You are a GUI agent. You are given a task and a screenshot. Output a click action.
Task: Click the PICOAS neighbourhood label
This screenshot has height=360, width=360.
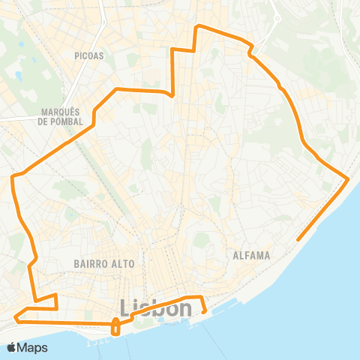pyautogui.click(x=89, y=55)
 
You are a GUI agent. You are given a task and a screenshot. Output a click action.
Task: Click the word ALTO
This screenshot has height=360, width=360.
pyautogui.click(x=121, y=264)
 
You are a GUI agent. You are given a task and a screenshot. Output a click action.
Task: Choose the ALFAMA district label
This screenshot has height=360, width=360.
pyautogui.click(x=250, y=255)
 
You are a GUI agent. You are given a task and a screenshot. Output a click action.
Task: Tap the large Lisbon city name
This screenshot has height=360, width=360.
pyautogui.click(x=154, y=309)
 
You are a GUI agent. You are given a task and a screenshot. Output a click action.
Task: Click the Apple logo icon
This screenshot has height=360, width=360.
pyautogui.click(x=12, y=348)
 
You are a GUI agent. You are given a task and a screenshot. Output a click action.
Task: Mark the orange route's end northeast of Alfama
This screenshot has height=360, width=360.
pyautogui.click(x=298, y=240)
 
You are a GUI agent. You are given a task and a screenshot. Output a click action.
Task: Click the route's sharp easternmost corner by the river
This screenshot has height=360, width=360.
pyautogui.click(x=349, y=178)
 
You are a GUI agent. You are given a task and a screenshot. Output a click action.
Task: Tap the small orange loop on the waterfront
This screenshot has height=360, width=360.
pyautogui.click(x=115, y=326)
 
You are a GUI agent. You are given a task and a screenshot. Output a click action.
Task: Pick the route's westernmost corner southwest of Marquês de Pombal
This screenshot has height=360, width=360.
pyautogui.click(x=13, y=177)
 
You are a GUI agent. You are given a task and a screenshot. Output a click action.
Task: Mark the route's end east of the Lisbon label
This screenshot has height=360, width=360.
pyautogui.click(x=204, y=310)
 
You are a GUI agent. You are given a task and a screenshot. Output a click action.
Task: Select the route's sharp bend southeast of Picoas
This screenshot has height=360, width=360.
pyautogui.click(x=173, y=95)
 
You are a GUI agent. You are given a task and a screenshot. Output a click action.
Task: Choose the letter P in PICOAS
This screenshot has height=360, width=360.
pyautogui.click(x=77, y=55)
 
